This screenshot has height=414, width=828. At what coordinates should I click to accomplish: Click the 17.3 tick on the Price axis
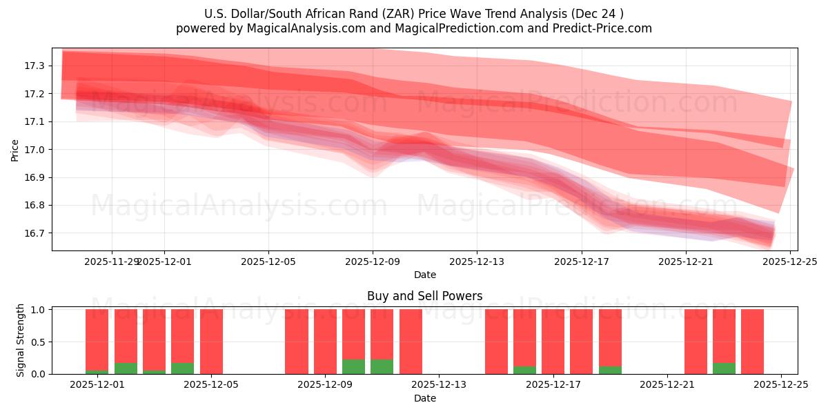click(34, 66)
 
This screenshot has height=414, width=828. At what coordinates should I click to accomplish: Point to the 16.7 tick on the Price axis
click(34, 233)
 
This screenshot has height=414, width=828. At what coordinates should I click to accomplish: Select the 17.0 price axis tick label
click(34, 150)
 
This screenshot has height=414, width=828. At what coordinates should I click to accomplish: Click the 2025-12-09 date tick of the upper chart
click(373, 262)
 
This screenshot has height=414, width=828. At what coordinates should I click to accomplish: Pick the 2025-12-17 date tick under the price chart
click(581, 262)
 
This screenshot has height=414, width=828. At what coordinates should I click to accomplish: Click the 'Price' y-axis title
click(15, 150)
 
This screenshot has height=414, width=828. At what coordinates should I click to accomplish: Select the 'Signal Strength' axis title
click(21, 340)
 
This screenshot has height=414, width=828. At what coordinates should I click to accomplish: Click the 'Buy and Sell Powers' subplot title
click(424, 296)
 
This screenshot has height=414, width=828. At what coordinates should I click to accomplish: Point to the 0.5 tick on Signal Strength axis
click(39, 342)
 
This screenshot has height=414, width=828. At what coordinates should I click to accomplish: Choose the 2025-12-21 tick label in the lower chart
click(667, 385)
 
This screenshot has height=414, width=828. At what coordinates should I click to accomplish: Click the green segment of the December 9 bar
click(353, 366)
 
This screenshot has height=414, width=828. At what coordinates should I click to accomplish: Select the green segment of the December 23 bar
click(724, 368)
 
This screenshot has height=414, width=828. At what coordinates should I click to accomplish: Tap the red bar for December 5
click(211, 342)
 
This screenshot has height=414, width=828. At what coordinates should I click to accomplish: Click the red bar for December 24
click(752, 342)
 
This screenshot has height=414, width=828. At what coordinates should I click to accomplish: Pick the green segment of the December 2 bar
click(126, 368)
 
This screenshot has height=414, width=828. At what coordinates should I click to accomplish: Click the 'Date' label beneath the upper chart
click(424, 275)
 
